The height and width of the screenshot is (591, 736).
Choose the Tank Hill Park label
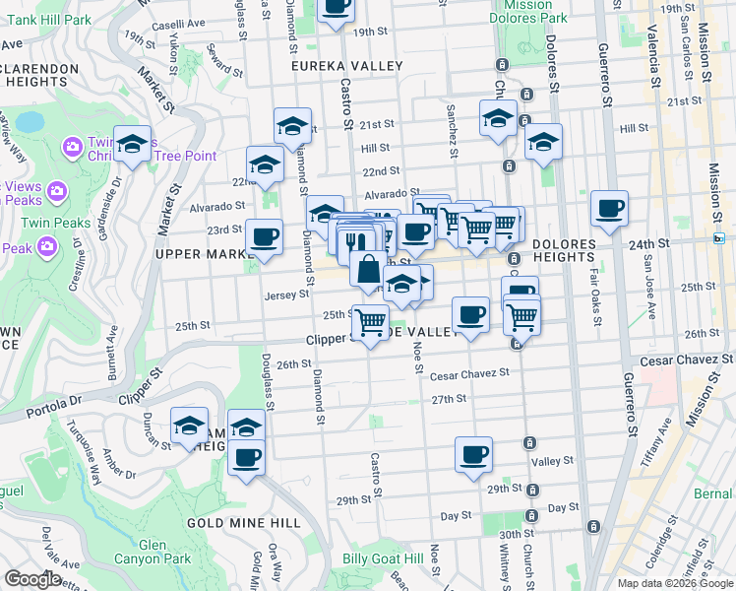pyautogui.click(x=32, y=11)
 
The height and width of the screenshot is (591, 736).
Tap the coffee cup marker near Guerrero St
pyautogui.click(x=609, y=208)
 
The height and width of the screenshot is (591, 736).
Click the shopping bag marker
pyautogui.click(x=368, y=268)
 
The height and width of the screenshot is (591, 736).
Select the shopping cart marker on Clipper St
pyautogui.click(x=370, y=322)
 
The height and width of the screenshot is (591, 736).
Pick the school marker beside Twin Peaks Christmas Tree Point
pyautogui.click(x=132, y=145)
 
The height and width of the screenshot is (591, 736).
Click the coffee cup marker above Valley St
pyautogui.click(x=473, y=454)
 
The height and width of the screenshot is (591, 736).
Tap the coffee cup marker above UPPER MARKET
pyautogui.click(x=264, y=236)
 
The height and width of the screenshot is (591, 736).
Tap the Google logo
pyautogui.click(x=33, y=580)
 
